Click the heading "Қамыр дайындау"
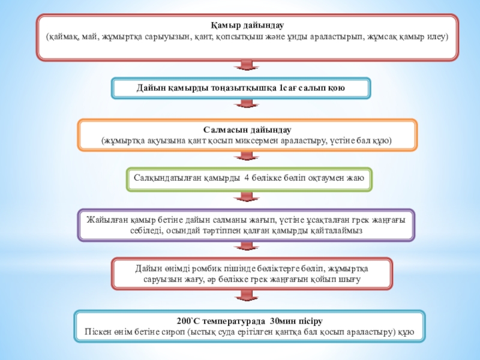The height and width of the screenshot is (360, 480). point(247,26)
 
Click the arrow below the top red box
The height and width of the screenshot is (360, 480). point(247,66)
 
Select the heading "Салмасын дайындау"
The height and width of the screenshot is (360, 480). point(247,130)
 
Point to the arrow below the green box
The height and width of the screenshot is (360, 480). point(247,197)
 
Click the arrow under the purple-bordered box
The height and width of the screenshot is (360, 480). point(247,246)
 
